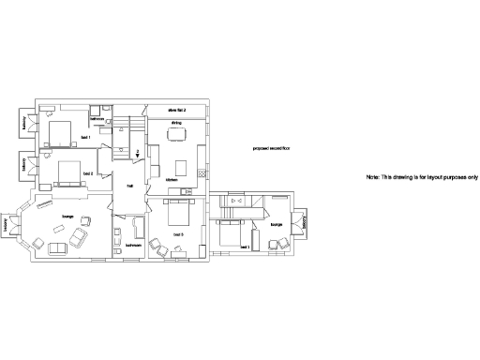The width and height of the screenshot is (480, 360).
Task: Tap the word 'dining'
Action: click(x=175, y=123)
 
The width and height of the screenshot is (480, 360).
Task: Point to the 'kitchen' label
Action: click(x=172, y=179)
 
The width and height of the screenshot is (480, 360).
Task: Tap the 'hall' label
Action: click(x=129, y=186)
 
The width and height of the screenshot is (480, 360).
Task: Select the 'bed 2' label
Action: click(x=87, y=173)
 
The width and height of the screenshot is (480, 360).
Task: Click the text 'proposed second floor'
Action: click(x=272, y=148)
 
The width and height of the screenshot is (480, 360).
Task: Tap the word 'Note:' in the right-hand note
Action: click(x=372, y=177)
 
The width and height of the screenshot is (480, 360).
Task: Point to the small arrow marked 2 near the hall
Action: click(x=138, y=156)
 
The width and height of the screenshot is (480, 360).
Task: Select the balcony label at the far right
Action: click(x=306, y=223)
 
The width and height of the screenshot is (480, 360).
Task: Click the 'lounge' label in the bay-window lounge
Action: click(x=67, y=217)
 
